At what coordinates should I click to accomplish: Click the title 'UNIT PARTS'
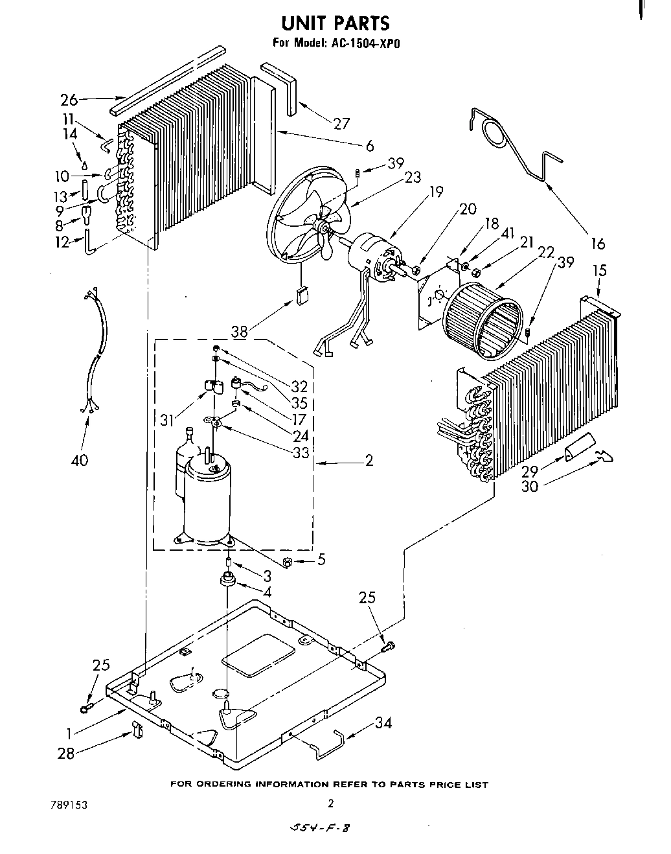(x=335, y=23)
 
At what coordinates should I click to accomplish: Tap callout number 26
(x=69, y=100)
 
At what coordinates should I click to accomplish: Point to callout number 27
(x=341, y=124)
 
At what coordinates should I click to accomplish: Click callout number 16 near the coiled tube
(x=597, y=244)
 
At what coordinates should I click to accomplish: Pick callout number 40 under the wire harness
(x=80, y=461)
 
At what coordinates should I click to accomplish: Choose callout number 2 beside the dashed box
(x=369, y=461)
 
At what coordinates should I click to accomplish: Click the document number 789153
(x=68, y=805)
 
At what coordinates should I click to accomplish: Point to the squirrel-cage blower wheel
(x=482, y=323)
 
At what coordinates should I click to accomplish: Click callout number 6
(x=369, y=146)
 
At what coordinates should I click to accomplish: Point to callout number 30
(x=529, y=485)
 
